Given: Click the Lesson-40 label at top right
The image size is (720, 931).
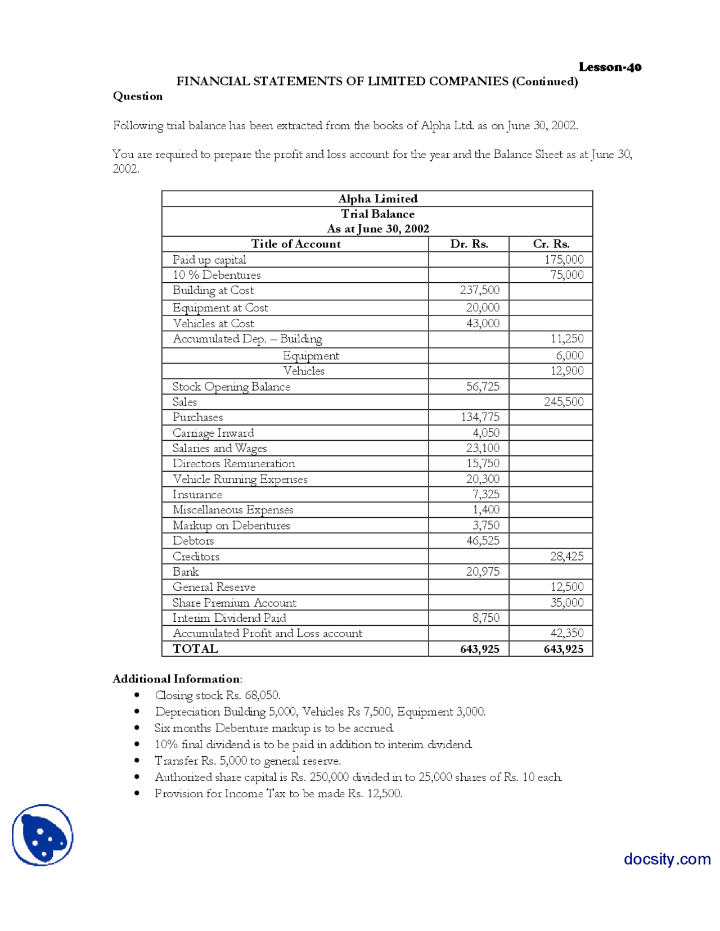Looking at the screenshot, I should click(610, 67).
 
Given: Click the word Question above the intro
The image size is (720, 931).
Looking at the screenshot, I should click(138, 96).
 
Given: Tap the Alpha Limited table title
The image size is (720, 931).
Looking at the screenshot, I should click(377, 198).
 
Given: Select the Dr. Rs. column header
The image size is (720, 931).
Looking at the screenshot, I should click(469, 244).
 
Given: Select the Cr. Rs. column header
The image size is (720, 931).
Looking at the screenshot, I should click(551, 244).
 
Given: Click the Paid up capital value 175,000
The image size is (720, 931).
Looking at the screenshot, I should click(564, 260).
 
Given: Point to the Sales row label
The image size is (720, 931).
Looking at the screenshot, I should click(184, 402).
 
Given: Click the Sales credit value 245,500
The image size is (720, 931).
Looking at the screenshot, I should click(564, 402).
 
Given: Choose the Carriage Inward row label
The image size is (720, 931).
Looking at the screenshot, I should click(213, 433).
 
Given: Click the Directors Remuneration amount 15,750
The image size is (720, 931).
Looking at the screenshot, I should click(483, 463).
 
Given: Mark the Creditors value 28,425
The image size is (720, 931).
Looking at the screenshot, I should click(566, 557).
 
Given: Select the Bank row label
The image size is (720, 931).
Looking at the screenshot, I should click(186, 572).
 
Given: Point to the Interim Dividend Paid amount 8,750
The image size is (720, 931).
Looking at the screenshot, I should click(485, 618).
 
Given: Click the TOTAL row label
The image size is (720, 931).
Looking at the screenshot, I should click(195, 649).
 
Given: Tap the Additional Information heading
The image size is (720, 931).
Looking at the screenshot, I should click(177, 679).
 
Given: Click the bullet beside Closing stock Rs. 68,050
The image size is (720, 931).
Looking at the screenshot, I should click(137, 695).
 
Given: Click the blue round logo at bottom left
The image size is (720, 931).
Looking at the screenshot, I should click(43, 835).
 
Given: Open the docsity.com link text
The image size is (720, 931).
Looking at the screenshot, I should click(667, 859).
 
